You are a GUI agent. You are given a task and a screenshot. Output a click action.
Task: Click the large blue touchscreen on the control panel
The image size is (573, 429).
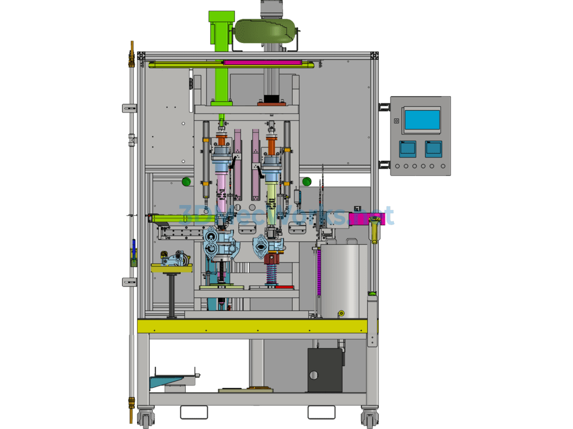422,120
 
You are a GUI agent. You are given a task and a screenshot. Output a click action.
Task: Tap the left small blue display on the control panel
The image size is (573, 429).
407,148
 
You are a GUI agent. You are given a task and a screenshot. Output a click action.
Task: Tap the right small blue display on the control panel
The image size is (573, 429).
433,148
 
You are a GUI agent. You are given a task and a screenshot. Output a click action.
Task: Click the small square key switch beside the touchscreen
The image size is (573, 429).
396,121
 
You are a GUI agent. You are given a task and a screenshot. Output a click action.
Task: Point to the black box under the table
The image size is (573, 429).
325,370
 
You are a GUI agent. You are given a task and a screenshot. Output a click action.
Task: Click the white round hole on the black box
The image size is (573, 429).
313,375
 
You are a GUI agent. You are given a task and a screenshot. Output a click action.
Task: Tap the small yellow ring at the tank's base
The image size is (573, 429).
340,314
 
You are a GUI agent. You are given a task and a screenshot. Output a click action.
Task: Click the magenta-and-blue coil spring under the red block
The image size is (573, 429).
271,274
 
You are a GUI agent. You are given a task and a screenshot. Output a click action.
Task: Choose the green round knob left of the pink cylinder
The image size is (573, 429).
186,181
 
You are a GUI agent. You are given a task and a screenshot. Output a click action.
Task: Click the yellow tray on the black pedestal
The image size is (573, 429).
171,269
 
